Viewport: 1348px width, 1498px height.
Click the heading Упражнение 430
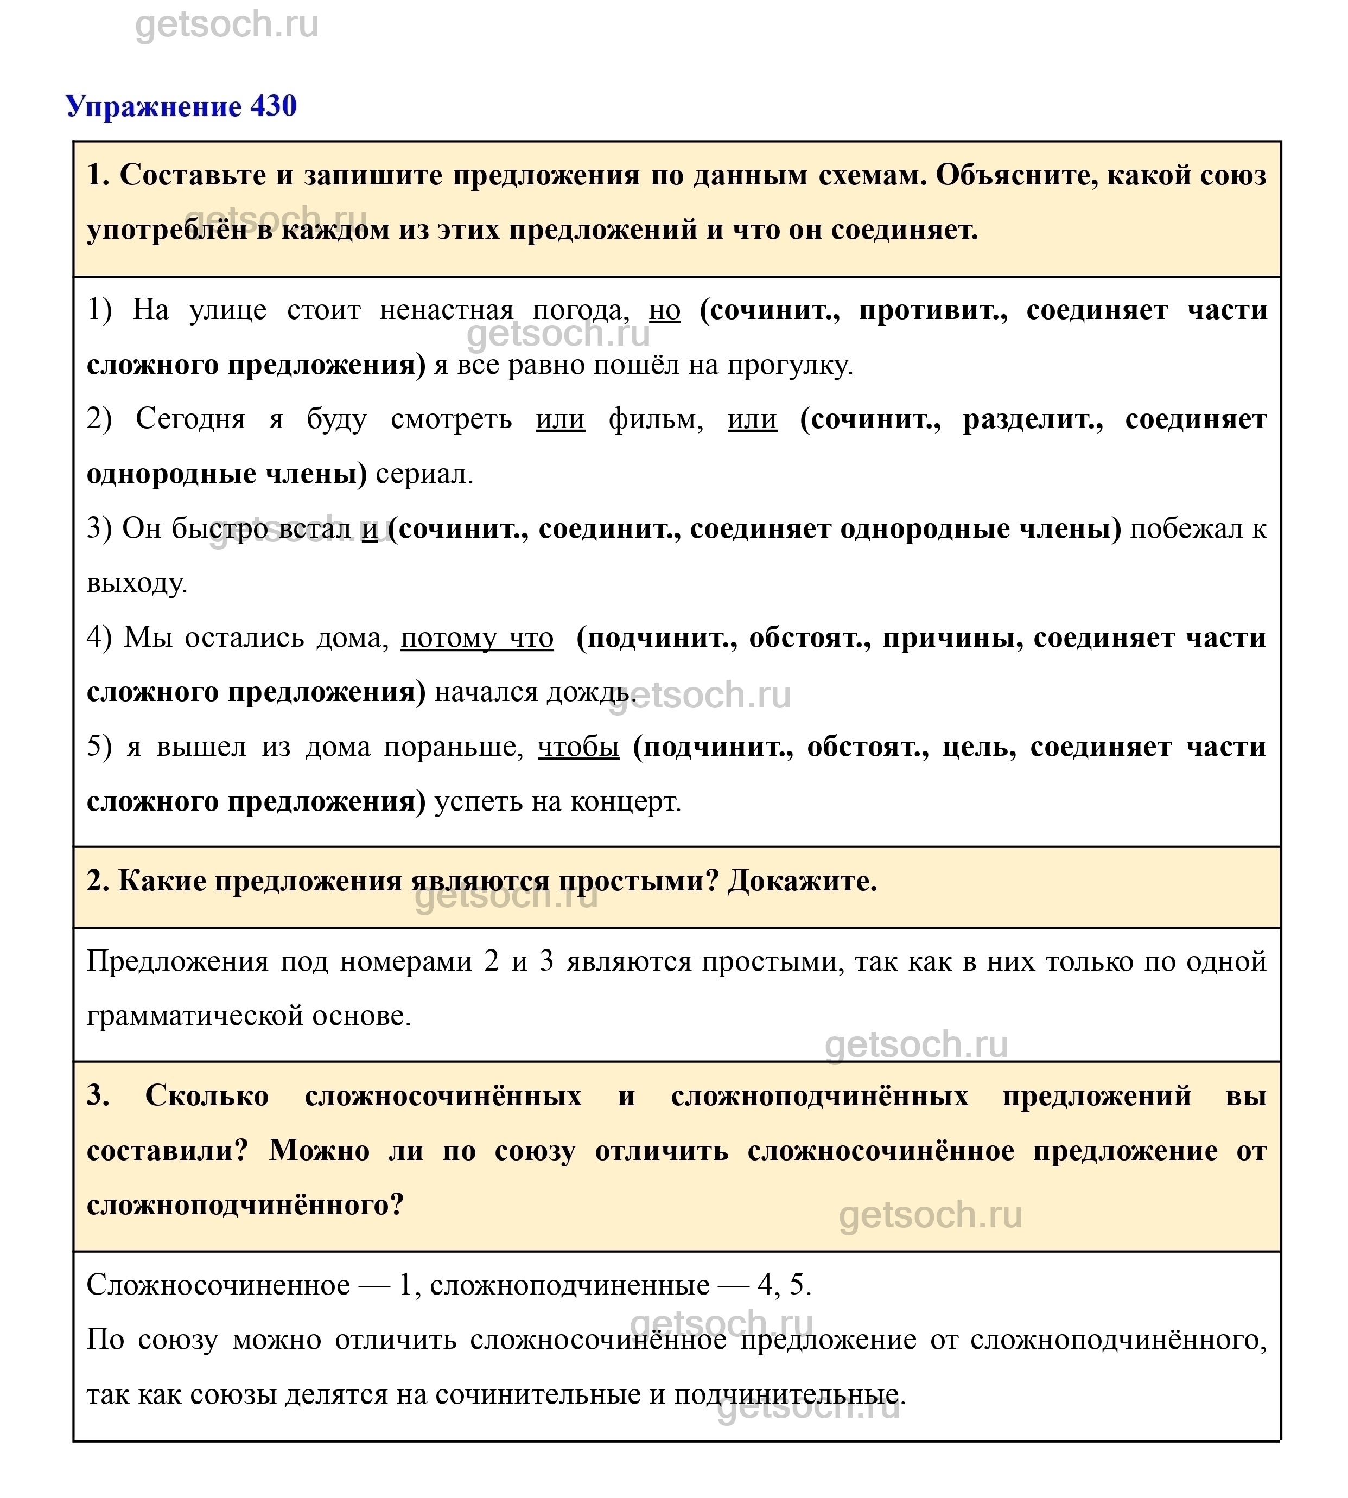(181, 107)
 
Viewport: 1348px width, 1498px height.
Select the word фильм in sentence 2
(656, 419)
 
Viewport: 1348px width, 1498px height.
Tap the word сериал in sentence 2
(424, 474)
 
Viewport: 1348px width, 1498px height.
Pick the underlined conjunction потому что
(477, 638)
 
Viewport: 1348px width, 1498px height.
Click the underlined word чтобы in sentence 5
(578, 747)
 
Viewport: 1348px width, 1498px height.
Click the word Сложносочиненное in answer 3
(219, 1285)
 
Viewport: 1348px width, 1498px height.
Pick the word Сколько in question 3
(207, 1095)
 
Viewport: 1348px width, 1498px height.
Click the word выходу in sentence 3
(136, 583)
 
